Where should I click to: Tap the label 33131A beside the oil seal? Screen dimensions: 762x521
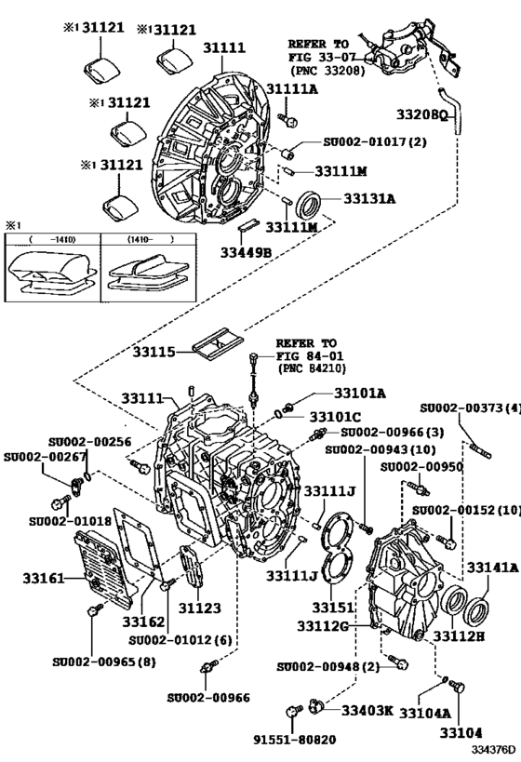370,198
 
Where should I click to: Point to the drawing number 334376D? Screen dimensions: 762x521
492,748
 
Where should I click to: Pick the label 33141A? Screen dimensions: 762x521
492,567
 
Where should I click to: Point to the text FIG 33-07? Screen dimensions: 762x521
319,57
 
